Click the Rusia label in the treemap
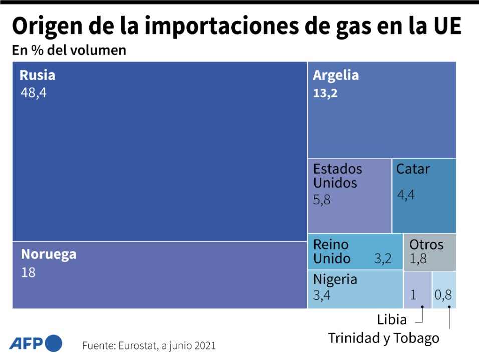point(37,75)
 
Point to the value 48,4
point(33,93)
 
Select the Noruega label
point(49,254)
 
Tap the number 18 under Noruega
point(28,273)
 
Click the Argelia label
point(336,75)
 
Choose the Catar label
point(413,169)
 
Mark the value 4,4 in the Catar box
point(406,195)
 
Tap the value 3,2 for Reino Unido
point(383,259)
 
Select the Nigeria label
point(335,279)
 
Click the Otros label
point(426,245)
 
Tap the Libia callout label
point(392,319)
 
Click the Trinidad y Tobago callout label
point(383,338)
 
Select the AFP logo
point(36,344)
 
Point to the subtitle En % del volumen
point(69,51)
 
